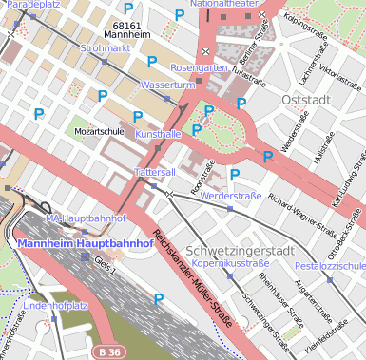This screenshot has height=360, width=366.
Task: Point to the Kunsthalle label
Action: tap(158, 135)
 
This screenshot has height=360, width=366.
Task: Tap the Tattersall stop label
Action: tap(155, 173)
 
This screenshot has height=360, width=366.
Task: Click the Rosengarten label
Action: tap(200, 68)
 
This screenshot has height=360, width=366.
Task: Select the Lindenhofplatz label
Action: tap(56, 306)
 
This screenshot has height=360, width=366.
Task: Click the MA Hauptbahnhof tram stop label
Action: tap(87, 218)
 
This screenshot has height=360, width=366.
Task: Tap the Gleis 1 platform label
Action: tap(105, 269)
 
